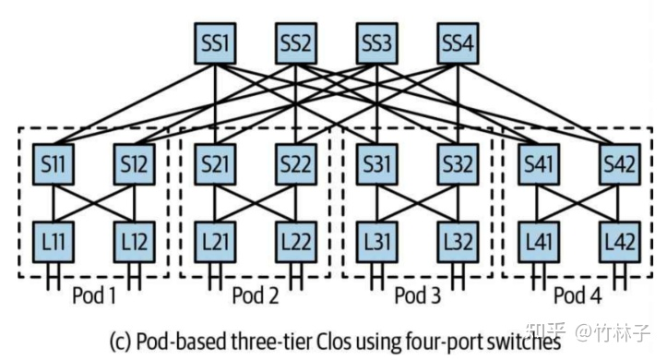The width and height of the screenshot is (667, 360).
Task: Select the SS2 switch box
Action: coord(297,42)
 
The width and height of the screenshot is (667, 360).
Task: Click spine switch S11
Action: coord(54,165)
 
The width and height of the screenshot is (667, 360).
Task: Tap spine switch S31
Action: coord(378,165)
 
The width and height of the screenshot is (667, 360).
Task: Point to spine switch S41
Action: coord(539,165)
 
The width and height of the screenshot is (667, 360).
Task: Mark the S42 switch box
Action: coord(620,165)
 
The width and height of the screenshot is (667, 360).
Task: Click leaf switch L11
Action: coord(54,242)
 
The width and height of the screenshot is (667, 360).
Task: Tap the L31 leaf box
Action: coord(378,242)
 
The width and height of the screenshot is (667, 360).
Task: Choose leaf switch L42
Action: coord(620,242)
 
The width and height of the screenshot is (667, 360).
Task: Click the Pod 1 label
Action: coord(94,295)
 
